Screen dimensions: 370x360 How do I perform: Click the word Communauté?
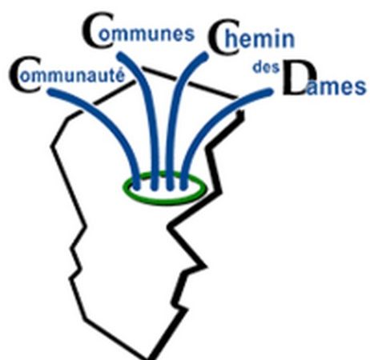67,74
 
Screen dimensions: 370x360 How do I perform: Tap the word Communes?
139,31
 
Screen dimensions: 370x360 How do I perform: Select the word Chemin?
251,38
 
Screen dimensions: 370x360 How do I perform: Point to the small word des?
266,67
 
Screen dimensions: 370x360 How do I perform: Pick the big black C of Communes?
98,30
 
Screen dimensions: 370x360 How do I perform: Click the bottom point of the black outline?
150,358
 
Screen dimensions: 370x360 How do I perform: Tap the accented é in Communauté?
120,74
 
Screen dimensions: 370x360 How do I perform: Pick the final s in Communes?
190,34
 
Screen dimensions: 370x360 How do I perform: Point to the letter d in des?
258,67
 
